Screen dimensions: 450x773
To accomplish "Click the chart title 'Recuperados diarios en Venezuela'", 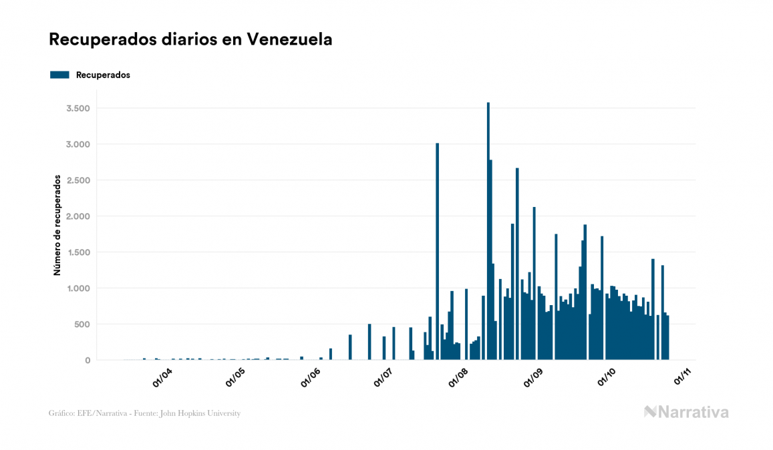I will (190, 39).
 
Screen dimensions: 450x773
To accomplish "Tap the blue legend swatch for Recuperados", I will (59, 75).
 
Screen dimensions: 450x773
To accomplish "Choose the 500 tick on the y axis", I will (82, 324).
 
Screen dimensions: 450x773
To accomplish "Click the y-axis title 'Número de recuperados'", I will (57, 226).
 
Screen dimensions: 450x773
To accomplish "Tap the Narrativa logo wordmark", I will (686, 412).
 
